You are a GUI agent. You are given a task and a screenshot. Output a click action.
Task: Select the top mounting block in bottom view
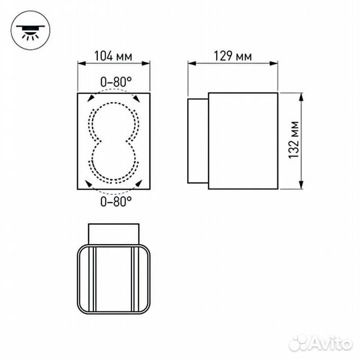(115, 233)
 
